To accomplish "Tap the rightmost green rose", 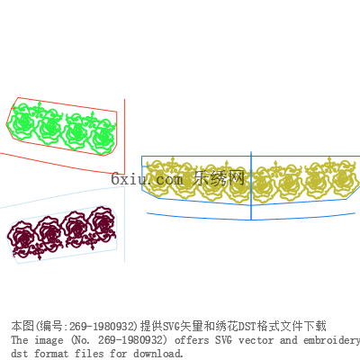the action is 103,137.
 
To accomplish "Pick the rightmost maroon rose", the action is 102,222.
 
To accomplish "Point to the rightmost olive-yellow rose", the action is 345,179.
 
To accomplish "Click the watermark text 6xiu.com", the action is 147,179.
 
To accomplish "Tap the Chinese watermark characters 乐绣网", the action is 219,178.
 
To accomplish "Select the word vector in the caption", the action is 256,340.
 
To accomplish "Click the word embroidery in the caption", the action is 331,341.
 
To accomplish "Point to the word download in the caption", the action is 158,354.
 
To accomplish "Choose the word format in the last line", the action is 51,354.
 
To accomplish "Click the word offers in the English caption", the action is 192,340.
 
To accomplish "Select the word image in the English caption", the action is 49,341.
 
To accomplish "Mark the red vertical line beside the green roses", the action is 124,137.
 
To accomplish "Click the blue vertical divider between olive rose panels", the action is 251,185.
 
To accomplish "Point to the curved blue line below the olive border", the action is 251,219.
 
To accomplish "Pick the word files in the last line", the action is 89,354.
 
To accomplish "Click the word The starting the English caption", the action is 20,340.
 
